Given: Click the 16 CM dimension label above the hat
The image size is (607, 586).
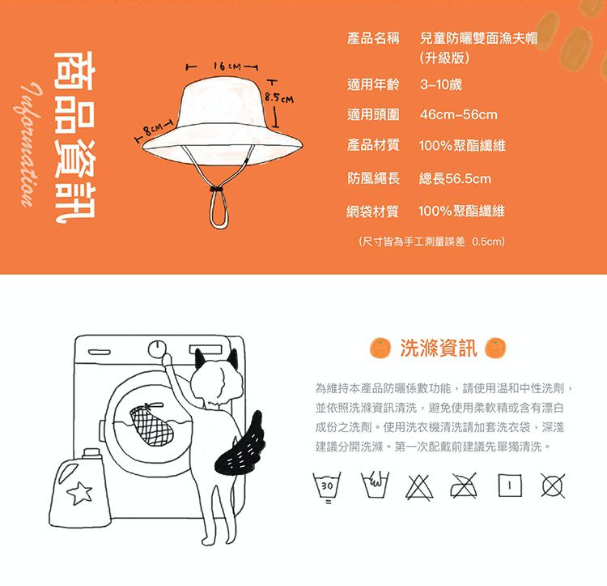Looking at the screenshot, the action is pos(227,66).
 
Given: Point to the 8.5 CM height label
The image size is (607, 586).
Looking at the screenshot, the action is pos(279,98).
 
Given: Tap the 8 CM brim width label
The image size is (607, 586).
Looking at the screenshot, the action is pos(152,130).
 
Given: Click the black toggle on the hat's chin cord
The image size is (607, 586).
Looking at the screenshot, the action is pos(218,189).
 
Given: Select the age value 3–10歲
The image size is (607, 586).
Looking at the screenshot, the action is pos(441,84).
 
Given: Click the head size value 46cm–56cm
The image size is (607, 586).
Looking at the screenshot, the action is pos(458,115).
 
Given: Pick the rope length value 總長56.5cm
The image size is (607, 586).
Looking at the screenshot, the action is pos(455,178).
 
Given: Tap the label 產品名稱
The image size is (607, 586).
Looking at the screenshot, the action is pos(373,38).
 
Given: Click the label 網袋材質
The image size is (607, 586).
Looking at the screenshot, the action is pos(372,212).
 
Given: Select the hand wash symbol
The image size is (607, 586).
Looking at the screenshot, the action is pos(375,485).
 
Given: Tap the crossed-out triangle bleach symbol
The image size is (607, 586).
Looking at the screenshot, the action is pos(419,487).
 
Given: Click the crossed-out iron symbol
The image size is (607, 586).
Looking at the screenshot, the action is pos(464,485).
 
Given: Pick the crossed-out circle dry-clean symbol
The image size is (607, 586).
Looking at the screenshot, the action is pos(553,485).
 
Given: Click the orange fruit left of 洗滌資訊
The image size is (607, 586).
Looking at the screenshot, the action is pos(380,348).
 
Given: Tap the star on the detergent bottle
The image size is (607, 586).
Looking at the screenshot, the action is pos(80,493).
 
